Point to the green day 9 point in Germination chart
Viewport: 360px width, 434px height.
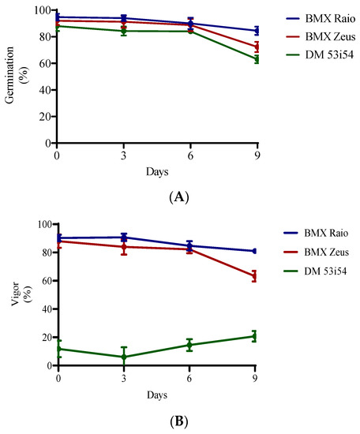(255, 59)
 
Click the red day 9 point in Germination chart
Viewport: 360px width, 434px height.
(255, 47)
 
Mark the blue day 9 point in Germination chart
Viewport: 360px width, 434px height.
(255, 31)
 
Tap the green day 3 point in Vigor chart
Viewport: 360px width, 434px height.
(124, 357)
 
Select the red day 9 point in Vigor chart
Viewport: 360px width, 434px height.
(255, 276)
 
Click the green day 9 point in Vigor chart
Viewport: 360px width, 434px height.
(255, 336)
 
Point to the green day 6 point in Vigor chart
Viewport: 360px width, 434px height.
(189, 345)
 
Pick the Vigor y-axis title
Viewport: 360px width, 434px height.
(17, 294)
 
